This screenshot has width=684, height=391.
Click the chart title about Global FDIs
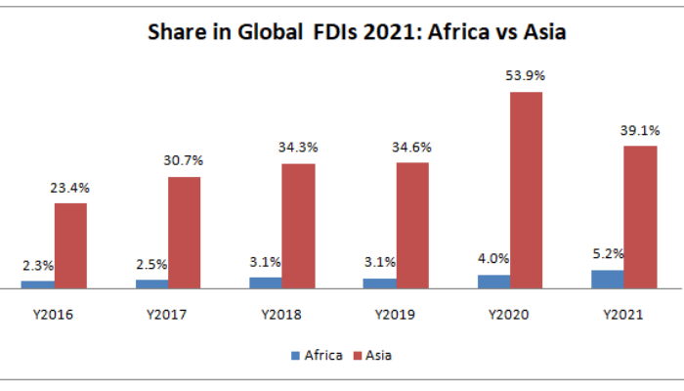pyautogui.click(x=357, y=32)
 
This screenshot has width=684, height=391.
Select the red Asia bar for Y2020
pyautogui.click(x=526, y=191)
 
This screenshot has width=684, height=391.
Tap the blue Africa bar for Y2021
pyautogui.click(x=607, y=279)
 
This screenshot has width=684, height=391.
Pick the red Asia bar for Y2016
pyautogui.click(x=70, y=245)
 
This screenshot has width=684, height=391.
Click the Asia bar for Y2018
pyautogui.click(x=298, y=226)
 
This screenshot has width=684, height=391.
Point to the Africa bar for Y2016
pyautogui.click(x=37, y=284)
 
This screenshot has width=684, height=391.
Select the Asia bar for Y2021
pyautogui.click(x=640, y=217)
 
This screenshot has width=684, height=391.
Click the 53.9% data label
pyautogui.click(x=526, y=75)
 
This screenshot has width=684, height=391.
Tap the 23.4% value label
pyautogui.click(x=70, y=187)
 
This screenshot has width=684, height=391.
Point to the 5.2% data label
pyautogui.click(x=607, y=254)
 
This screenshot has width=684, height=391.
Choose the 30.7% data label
pyautogui.click(x=184, y=160)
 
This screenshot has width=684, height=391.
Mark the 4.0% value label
pyautogui.click(x=493, y=259)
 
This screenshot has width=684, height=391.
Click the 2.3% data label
pyautogui.click(x=37, y=265)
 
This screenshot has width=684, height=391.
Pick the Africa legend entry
pyautogui.click(x=317, y=355)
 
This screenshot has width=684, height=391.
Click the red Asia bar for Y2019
pyautogui.click(x=412, y=225)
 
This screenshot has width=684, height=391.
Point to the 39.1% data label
pyautogui.click(x=640, y=130)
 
